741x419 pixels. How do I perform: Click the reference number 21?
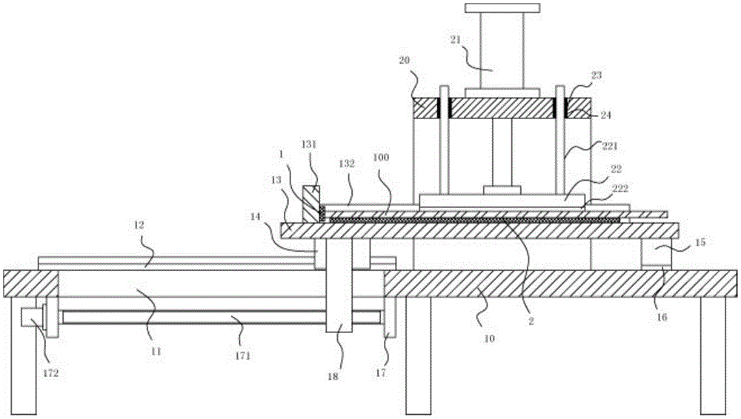455,40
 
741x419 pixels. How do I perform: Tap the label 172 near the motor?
50,373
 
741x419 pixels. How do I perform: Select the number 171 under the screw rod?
242,355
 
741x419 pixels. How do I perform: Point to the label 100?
381,157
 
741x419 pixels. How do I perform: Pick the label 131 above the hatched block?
309,144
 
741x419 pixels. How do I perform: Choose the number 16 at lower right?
662,317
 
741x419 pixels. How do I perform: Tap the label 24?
605,115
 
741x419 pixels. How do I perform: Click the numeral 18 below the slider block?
333,377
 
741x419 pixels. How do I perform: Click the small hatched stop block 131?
311,204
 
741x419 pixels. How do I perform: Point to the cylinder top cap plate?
502,8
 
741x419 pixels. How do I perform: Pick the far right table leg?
713,355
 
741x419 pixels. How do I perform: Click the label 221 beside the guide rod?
610,147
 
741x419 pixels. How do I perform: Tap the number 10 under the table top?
489,338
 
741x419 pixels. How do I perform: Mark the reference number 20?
404,61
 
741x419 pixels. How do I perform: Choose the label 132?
346,164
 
